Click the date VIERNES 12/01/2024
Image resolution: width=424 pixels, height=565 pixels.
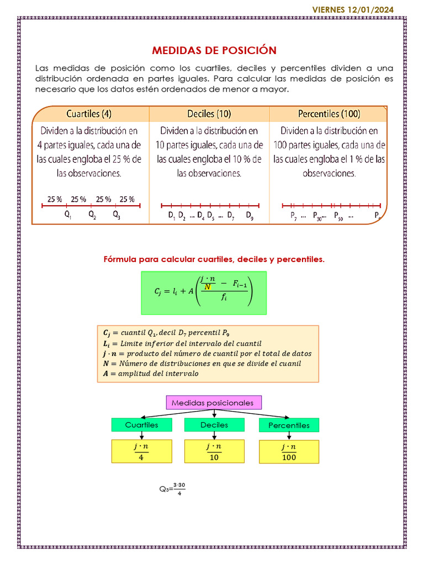coord(361,9)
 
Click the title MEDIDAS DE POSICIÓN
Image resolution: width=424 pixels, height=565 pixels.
coord(214,51)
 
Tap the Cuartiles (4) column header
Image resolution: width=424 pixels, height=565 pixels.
coord(89,114)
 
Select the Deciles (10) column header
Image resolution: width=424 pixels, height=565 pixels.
coord(209,114)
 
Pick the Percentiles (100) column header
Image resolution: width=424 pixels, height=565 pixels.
coord(329,114)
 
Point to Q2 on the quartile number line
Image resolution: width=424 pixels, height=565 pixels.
coord(92,216)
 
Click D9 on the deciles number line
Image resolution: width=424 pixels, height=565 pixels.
coord(250,216)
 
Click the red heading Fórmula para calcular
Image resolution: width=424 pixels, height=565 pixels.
coord(214,259)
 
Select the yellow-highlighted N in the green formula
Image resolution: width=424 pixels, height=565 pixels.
coord(208,287)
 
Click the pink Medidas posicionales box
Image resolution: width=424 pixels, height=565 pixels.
coord(214,403)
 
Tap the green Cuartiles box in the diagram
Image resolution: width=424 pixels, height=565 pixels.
coord(142,425)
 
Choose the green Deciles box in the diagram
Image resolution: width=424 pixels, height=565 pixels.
coord(214,425)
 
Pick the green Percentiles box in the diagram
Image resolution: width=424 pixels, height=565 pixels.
coord(289,425)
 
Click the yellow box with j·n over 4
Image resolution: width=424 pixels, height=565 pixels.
coord(142,451)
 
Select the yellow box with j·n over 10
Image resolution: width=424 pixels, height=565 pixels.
coord(214,451)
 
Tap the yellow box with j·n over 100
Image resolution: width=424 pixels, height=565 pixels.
coord(289,451)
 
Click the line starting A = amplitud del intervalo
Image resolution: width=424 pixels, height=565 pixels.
coord(151,374)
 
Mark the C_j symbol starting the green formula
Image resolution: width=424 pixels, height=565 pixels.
coord(157,293)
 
